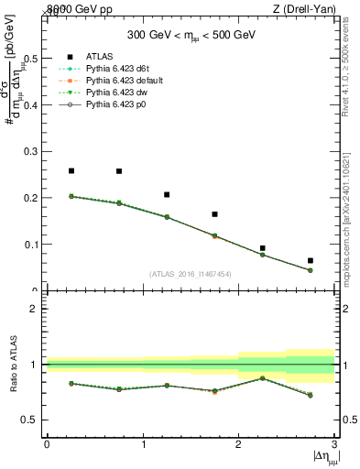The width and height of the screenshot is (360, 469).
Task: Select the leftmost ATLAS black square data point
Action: click(71, 170)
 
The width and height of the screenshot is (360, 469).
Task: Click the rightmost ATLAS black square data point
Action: click(311, 261)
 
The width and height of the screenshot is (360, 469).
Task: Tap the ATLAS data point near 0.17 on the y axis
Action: click(215, 214)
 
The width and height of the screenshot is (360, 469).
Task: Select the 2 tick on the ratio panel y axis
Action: click(34, 309)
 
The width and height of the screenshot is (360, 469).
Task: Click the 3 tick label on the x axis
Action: click(334, 443)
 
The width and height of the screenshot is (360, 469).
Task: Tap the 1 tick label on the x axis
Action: click(143, 443)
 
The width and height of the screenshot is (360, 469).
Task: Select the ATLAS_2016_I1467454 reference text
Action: click(191, 274)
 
